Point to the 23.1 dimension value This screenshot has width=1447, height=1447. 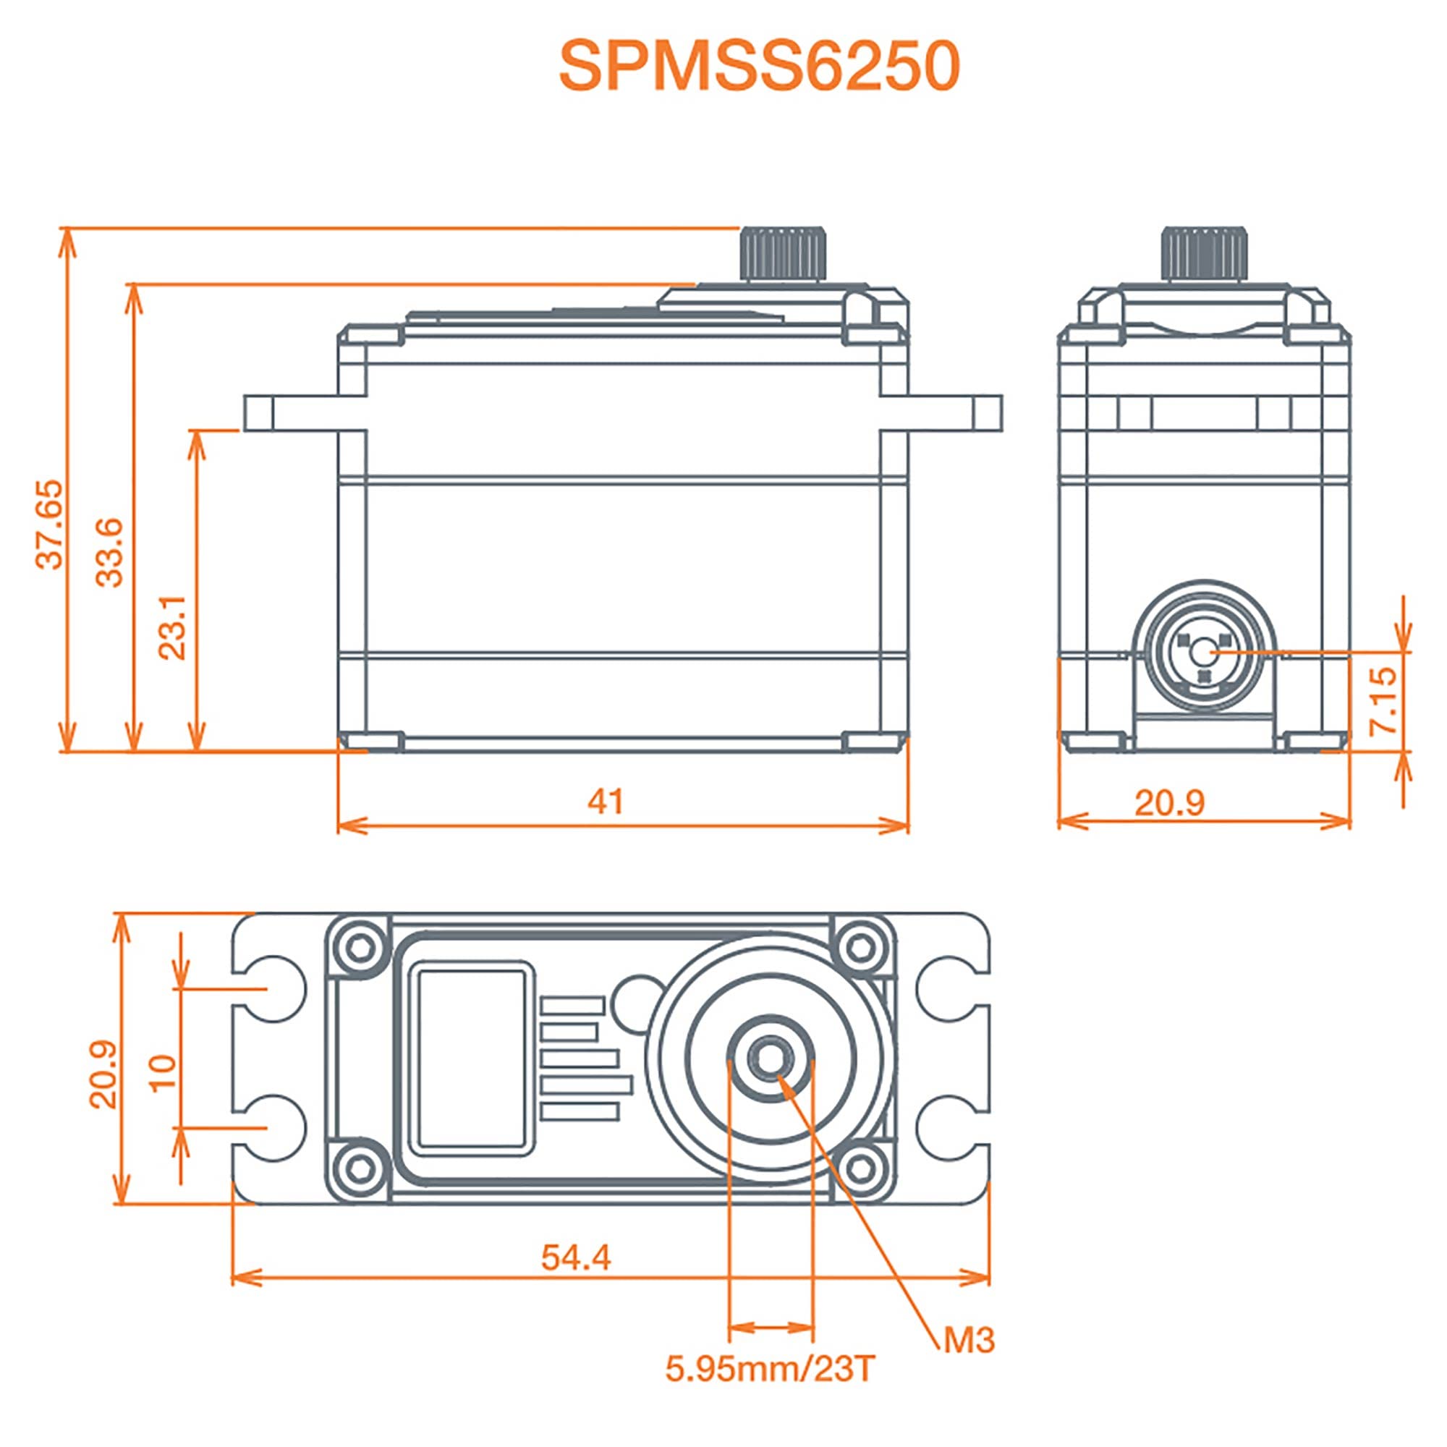click(174, 627)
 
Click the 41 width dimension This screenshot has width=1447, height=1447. click(605, 802)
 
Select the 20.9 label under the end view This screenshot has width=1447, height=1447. click(1169, 804)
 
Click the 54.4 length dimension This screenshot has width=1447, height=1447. click(576, 1257)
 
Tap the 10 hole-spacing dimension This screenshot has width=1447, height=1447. click(164, 1072)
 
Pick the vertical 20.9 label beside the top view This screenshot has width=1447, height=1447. click(104, 1073)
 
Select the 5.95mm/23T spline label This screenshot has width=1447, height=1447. click(770, 1370)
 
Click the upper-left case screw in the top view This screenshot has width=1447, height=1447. click(359, 949)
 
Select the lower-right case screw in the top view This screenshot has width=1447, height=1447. click(861, 1166)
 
